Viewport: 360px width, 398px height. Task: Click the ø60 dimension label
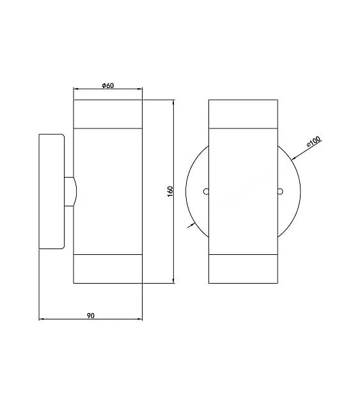coord(108,86)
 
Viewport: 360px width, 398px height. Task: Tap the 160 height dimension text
coord(170,192)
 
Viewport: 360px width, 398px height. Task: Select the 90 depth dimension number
coord(91,316)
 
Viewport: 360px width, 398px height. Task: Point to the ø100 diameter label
coord(314,141)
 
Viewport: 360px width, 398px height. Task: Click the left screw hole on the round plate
coord(206,192)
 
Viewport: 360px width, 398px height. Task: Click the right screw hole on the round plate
coord(280,192)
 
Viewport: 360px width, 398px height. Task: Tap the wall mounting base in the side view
coord(52,192)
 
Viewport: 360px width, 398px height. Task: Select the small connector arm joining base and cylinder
coord(70,192)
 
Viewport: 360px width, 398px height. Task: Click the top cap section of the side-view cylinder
coord(107,114)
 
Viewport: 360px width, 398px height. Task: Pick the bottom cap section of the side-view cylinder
coord(107,269)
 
